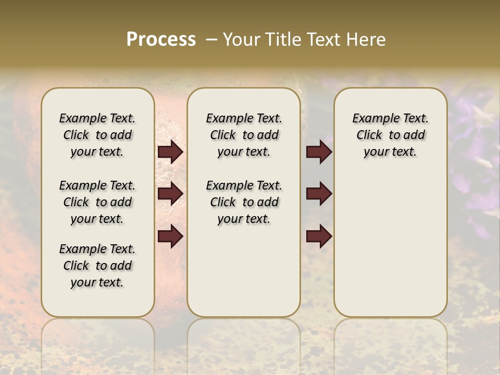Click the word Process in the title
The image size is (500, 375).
[161, 39]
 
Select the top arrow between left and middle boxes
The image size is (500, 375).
[170, 152]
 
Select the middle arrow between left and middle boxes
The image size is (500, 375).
[170, 193]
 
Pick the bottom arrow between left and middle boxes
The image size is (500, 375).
[170, 236]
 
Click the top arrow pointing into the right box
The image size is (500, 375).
[319, 152]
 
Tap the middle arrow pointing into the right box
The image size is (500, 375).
[319, 193]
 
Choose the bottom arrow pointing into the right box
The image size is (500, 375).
[319, 236]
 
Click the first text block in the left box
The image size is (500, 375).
[97, 135]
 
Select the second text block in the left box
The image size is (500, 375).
[97, 202]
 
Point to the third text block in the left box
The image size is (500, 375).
[97, 266]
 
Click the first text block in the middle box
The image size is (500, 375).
[244, 135]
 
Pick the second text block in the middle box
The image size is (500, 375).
[244, 202]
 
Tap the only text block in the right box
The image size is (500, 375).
[391, 135]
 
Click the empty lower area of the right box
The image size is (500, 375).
[391, 245]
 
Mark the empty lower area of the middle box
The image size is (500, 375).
[244, 271]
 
